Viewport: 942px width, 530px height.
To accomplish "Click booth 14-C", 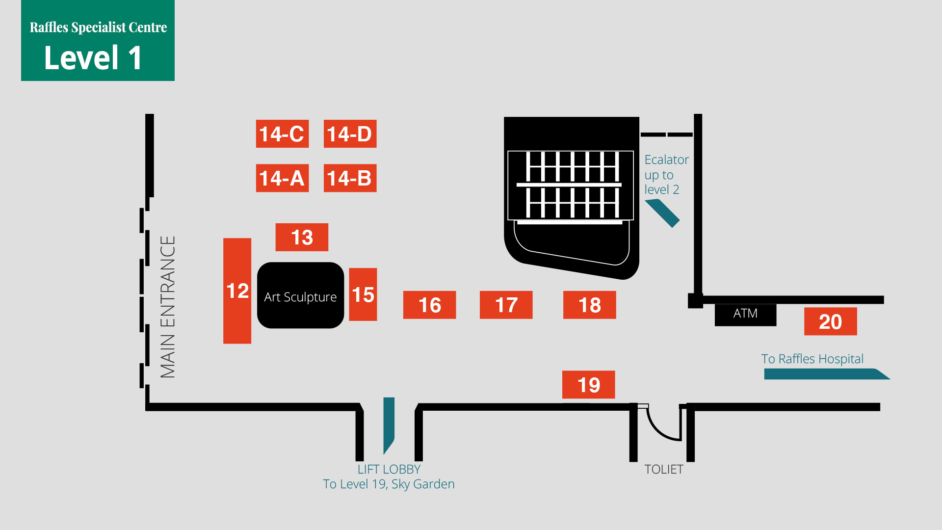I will click(x=282, y=133).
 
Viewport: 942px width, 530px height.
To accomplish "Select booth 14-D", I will click(x=350, y=133).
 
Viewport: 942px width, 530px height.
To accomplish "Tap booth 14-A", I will click(x=282, y=178).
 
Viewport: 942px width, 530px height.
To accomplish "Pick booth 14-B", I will click(x=350, y=178).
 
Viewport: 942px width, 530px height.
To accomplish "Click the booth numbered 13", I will click(x=302, y=237).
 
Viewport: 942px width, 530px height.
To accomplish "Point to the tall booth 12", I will click(x=237, y=291).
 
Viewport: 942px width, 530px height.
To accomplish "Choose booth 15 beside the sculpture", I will click(x=363, y=294).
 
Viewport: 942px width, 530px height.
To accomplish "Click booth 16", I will click(x=429, y=305).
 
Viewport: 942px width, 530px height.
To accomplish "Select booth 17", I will click(x=506, y=305).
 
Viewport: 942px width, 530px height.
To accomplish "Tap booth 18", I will click(x=589, y=305).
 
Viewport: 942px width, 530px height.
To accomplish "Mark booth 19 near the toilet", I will click(x=588, y=384).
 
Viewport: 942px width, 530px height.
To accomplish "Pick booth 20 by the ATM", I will click(x=830, y=321).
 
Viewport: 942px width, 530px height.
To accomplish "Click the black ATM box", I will click(x=745, y=314).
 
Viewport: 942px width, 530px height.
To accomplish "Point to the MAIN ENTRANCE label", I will click(x=168, y=307).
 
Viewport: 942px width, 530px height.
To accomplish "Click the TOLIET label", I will click(x=663, y=469).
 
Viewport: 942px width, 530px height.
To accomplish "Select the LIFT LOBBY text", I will click(x=389, y=469).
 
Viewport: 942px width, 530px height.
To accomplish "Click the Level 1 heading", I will click(x=93, y=57).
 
